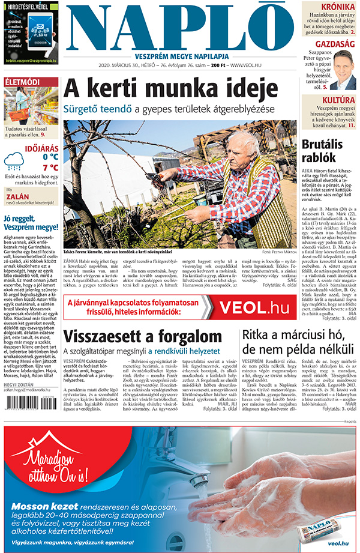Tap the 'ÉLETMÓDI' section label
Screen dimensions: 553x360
[22, 81]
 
